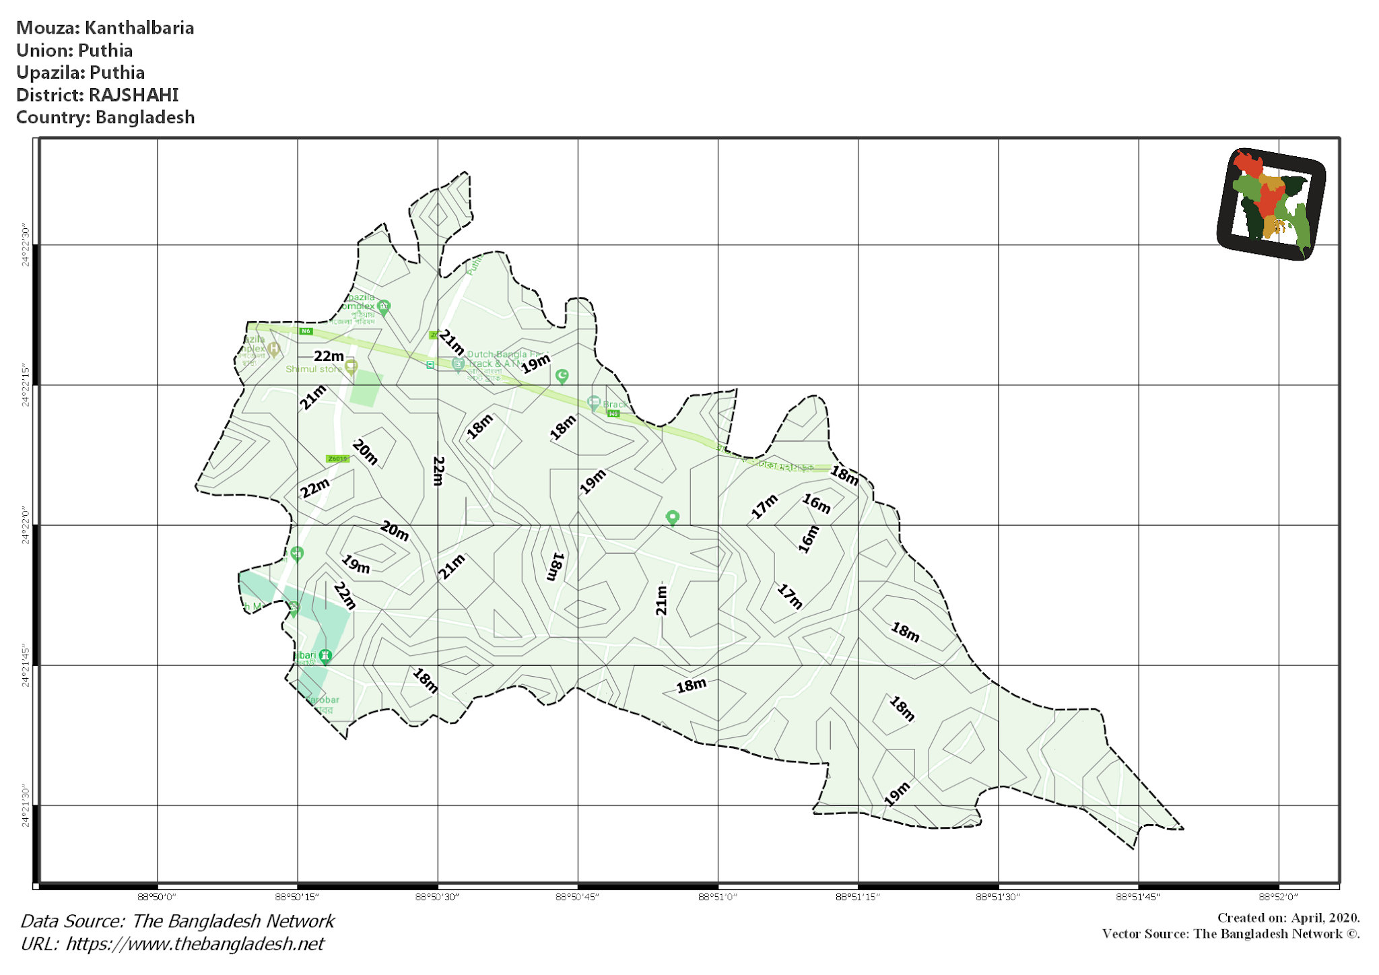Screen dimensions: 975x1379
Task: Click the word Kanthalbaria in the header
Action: point(139,28)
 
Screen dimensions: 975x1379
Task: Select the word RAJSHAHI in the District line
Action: point(133,95)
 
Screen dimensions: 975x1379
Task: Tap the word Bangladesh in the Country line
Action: point(145,117)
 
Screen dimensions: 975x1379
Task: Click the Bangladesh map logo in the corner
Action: point(1271,204)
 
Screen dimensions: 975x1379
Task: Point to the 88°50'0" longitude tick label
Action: point(157,897)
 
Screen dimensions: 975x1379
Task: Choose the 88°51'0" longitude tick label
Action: point(718,897)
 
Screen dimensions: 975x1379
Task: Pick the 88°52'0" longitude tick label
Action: point(1278,897)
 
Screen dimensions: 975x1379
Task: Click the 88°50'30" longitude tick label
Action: point(437,897)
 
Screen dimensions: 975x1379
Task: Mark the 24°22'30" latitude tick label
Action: point(26,245)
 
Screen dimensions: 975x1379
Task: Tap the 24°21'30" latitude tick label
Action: point(26,805)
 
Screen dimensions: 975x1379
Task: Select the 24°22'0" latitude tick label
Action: point(26,525)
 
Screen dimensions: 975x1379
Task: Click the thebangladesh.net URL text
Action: point(195,944)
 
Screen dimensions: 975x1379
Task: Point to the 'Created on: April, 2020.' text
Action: point(1288,918)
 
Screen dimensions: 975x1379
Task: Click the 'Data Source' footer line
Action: point(177,921)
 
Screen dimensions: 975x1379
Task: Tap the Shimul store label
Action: point(314,369)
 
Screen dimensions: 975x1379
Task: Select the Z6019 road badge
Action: point(337,459)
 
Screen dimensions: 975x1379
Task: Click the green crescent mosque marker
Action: point(562,375)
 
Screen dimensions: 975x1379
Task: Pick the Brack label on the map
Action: point(615,405)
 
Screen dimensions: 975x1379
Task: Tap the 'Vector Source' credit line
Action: point(1230,934)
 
